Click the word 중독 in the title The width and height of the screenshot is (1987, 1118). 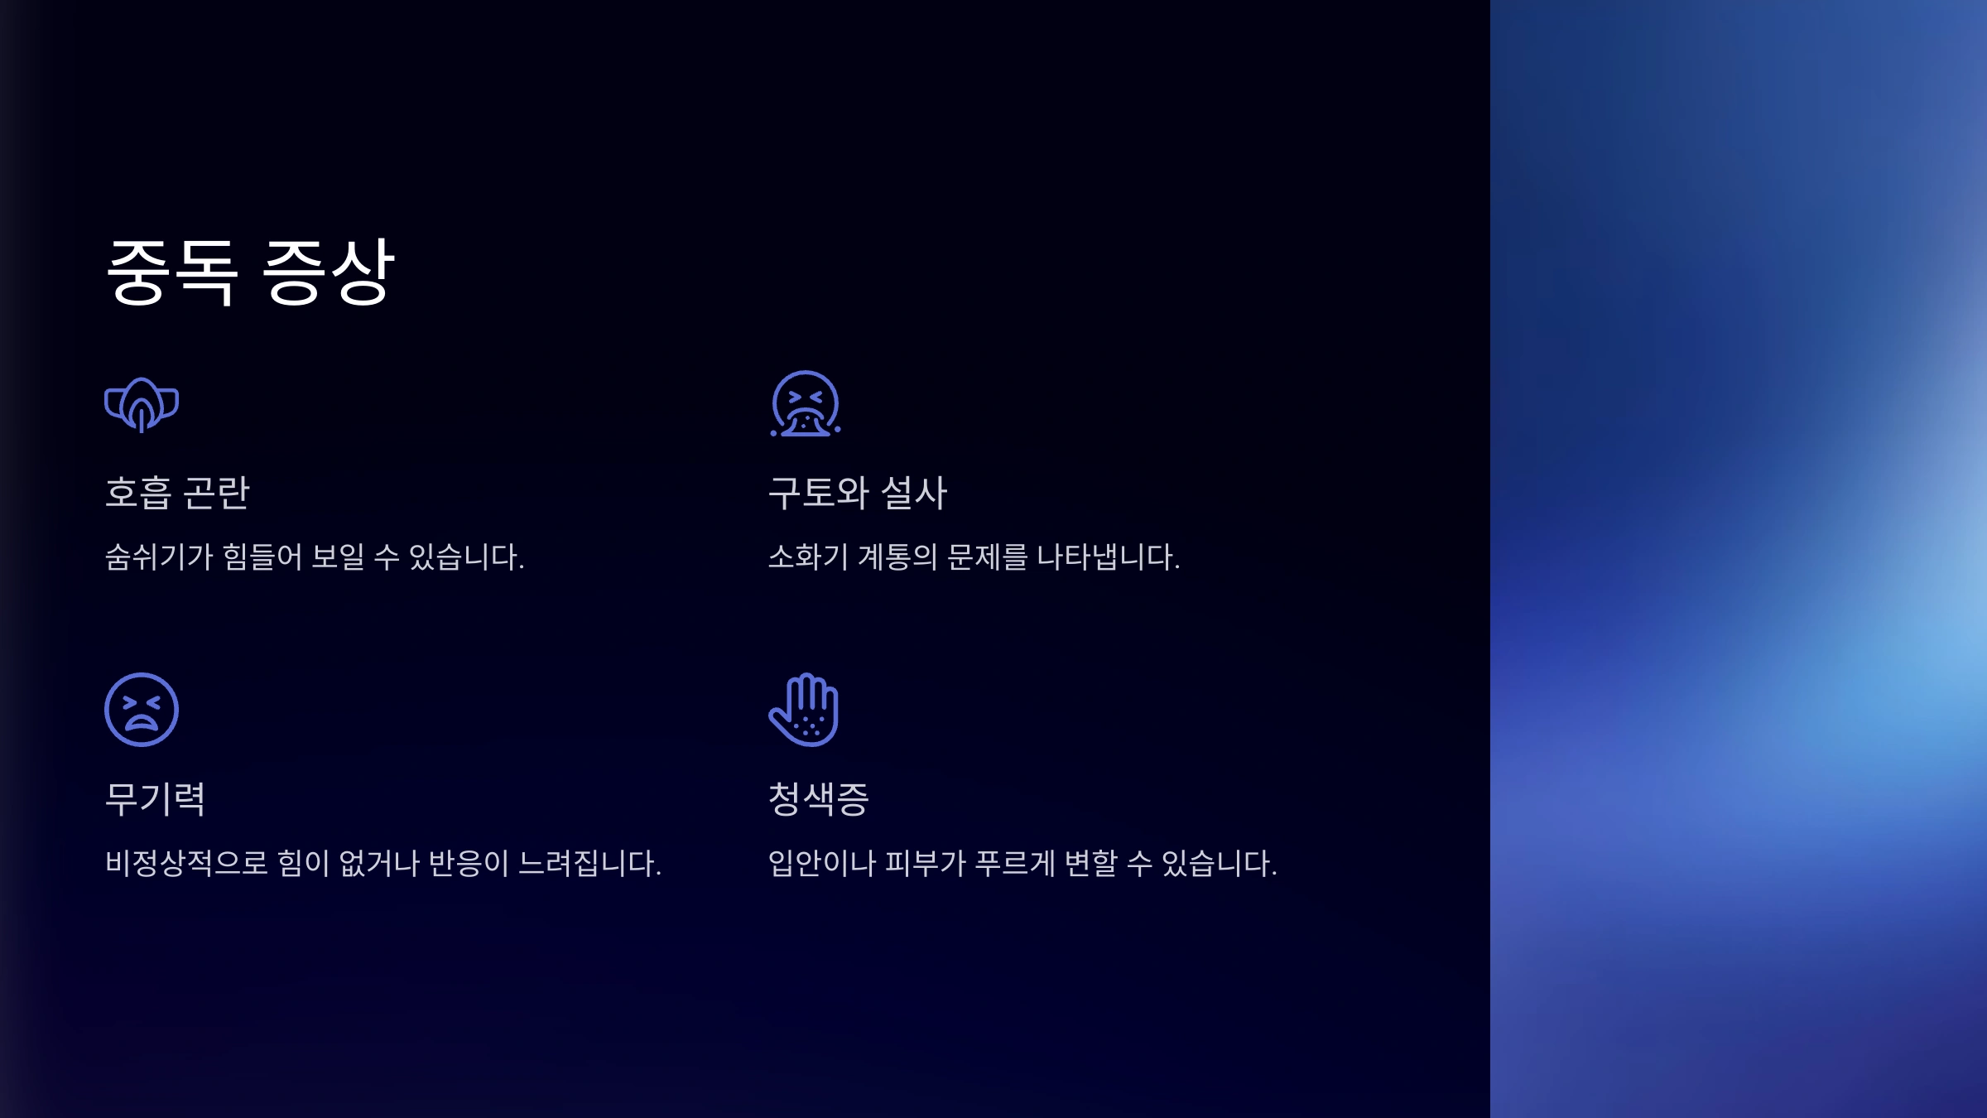172,272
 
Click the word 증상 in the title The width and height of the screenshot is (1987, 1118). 328,272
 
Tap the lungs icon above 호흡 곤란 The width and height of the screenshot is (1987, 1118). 142,405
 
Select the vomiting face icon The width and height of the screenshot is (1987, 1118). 806,404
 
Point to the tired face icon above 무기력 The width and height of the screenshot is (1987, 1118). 142,710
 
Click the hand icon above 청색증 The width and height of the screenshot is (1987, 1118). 805,710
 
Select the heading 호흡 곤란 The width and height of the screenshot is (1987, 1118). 177,493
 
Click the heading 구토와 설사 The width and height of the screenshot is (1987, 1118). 858,493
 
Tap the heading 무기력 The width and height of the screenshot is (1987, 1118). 155,799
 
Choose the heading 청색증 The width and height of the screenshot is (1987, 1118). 819,799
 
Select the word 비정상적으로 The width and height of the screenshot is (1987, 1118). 186,863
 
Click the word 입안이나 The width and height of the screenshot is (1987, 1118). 821,863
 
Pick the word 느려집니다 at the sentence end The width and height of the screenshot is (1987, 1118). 589,863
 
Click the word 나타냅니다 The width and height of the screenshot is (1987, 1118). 1108,557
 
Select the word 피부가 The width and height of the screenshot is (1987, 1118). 926,863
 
